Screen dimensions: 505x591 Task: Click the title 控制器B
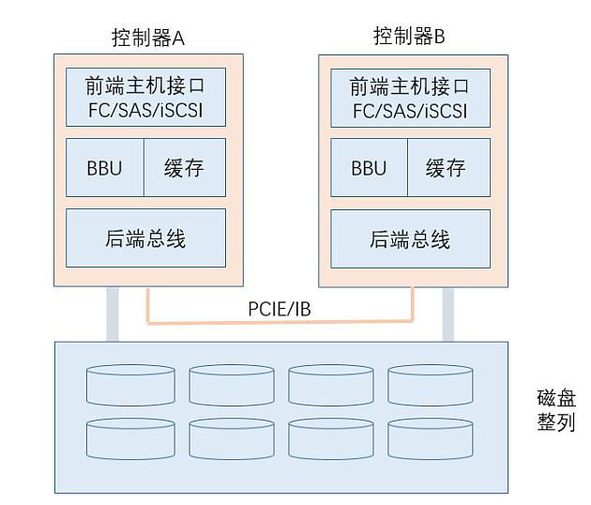click(409, 37)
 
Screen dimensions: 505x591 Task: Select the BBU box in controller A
click(104, 168)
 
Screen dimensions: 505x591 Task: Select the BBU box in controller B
click(369, 168)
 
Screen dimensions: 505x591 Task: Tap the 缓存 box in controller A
click(184, 168)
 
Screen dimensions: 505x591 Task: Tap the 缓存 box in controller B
click(447, 168)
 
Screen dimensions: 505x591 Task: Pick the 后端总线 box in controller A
click(145, 238)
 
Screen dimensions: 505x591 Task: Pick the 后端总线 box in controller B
click(410, 239)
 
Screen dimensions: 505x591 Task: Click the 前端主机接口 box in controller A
click(145, 97)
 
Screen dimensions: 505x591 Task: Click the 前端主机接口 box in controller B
click(410, 98)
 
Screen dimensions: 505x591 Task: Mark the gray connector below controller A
click(113, 313)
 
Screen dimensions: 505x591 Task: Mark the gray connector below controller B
click(448, 314)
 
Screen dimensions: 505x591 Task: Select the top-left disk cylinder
click(128, 384)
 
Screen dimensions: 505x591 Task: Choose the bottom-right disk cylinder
click(431, 437)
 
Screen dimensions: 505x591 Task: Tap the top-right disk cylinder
click(431, 384)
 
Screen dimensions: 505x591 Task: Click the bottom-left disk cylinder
click(128, 437)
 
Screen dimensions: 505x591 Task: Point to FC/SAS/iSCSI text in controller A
click(145, 111)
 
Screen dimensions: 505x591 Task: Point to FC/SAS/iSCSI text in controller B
click(410, 112)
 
